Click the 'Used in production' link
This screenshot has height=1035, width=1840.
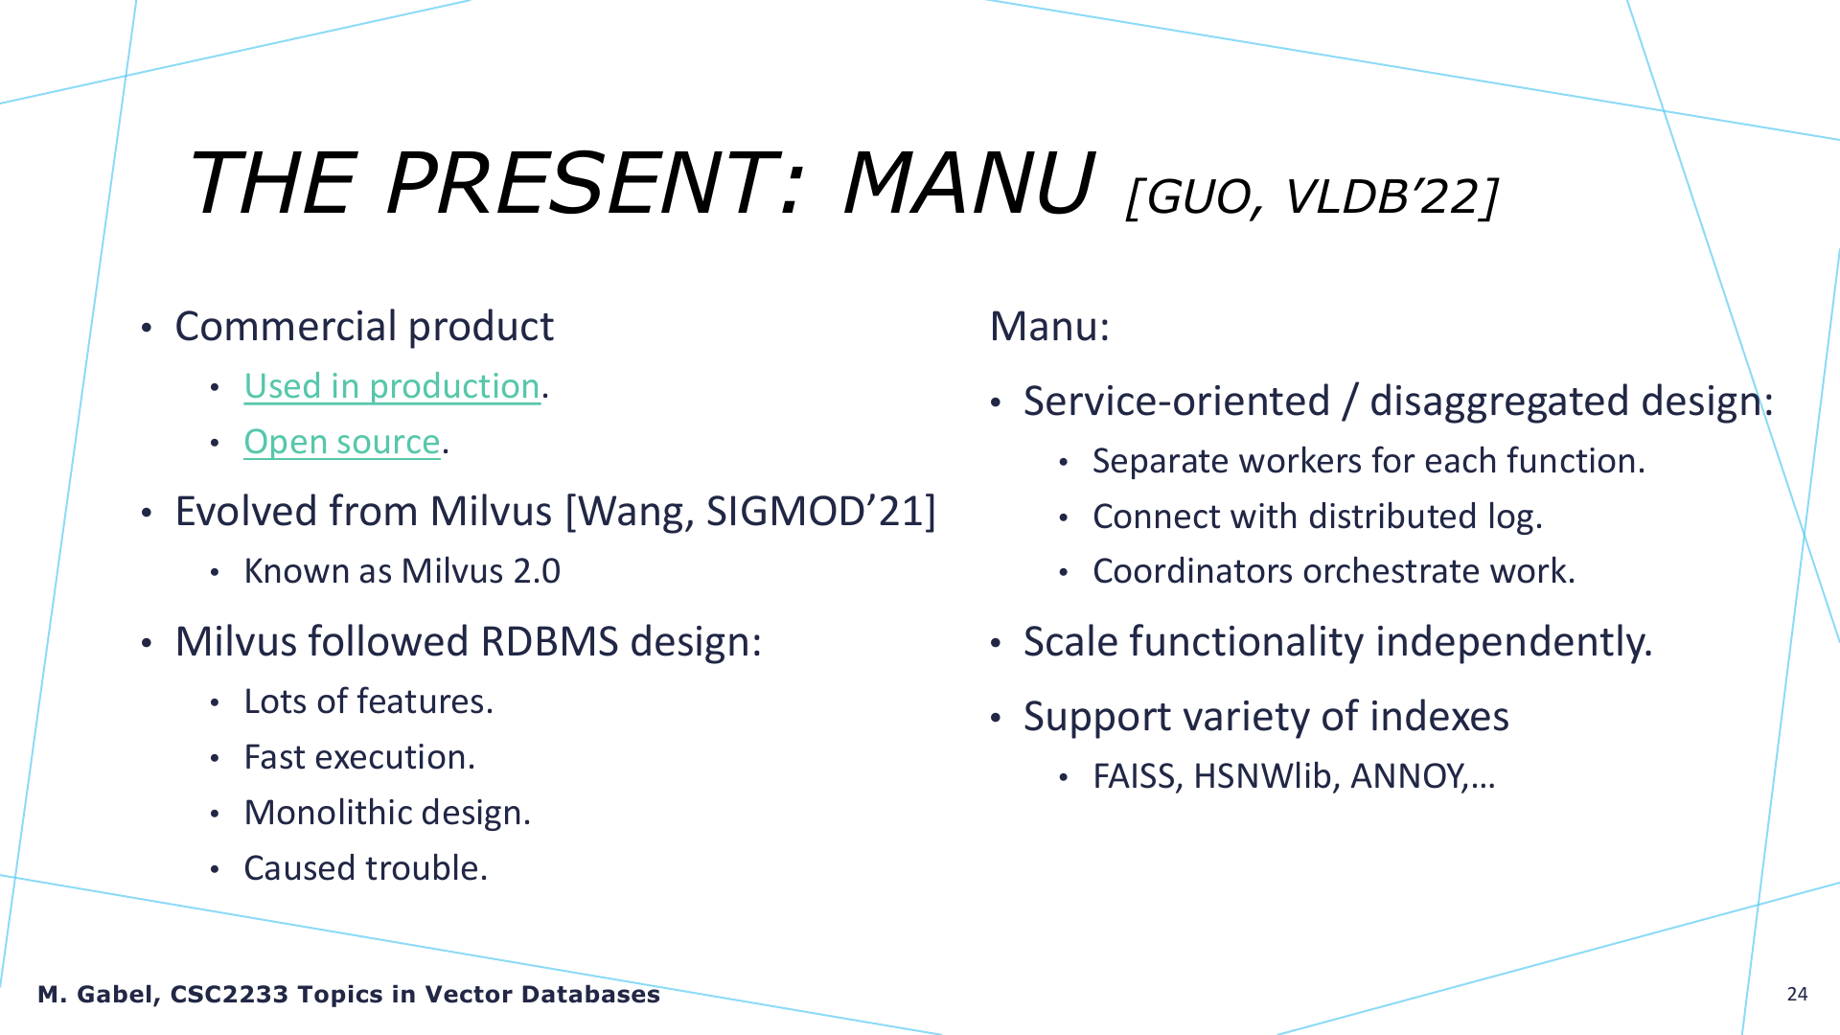[x=392, y=386]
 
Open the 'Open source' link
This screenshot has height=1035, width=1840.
[x=342, y=442]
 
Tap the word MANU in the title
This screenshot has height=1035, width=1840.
[x=969, y=183]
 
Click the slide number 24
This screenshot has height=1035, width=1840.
[x=1797, y=994]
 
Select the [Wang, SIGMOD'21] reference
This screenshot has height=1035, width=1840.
[x=750, y=512]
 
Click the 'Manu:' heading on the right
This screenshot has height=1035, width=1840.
[x=1049, y=327]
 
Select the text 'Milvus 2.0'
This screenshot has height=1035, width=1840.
[x=481, y=571]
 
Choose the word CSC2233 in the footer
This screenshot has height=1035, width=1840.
[x=229, y=995]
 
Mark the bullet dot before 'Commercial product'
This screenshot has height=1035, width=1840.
[x=147, y=329]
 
